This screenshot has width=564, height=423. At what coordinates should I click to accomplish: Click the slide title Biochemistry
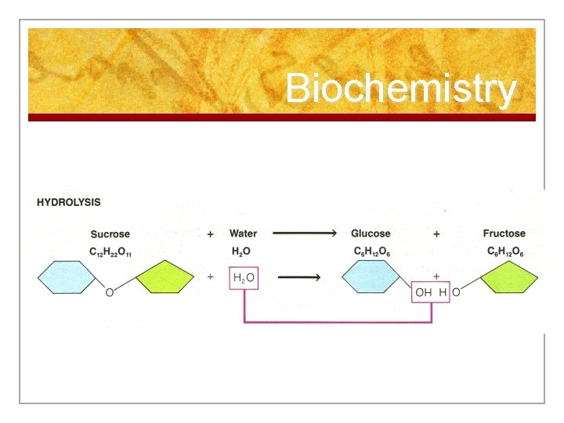pos(400,89)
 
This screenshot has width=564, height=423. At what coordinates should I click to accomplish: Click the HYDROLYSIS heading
pos(69,202)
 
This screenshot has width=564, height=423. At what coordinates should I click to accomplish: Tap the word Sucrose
pos(110,234)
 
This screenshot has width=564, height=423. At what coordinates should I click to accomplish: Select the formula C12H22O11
pos(110,251)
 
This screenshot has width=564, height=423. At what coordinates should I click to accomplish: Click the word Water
pos(243,233)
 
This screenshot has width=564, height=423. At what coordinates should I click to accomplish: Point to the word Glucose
pos(371,233)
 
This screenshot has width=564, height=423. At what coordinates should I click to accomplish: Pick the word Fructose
pos(504,233)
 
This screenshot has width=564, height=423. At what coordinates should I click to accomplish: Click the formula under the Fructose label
pos(504,251)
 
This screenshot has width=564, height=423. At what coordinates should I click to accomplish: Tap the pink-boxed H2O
pos(243,278)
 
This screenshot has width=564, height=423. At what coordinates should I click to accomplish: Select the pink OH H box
pos(431,292)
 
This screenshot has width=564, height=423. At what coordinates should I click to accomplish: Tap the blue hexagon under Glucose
pos(372,277)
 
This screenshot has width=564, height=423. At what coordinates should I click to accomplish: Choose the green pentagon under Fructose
pos(508,278)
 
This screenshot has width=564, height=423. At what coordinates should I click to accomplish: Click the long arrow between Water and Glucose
pos(305,233)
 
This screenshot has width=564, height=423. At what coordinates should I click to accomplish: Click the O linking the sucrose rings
pos(109,293)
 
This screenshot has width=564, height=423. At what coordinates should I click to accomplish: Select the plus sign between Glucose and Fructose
pos(436,233)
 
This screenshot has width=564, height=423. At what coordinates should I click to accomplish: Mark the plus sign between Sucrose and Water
pos(210,233)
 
